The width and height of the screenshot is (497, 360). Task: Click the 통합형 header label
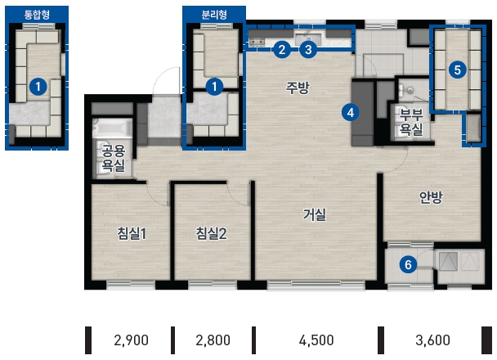37,15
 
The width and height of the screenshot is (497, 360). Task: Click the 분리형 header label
214,15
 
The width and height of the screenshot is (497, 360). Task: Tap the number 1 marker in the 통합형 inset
38,86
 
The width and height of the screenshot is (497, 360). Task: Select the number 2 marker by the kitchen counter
281,49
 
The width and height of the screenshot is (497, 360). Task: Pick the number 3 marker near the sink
308,49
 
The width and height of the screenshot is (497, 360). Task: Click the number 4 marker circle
350,113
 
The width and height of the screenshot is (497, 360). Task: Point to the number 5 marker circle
458,70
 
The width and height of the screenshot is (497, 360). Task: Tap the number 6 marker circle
408,264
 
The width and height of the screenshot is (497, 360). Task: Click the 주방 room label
298,88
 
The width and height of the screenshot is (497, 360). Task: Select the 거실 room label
315,214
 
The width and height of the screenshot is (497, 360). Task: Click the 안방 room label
431,198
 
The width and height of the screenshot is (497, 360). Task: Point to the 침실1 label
132,234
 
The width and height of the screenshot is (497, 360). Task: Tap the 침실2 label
211,234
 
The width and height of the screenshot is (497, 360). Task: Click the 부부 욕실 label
411,122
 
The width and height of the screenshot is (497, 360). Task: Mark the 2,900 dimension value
131,340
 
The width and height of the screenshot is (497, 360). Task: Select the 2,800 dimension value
213,340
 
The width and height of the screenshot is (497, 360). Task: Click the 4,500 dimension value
316,340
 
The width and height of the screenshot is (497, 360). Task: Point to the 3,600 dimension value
432,340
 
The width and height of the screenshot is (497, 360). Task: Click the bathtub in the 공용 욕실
112,128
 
